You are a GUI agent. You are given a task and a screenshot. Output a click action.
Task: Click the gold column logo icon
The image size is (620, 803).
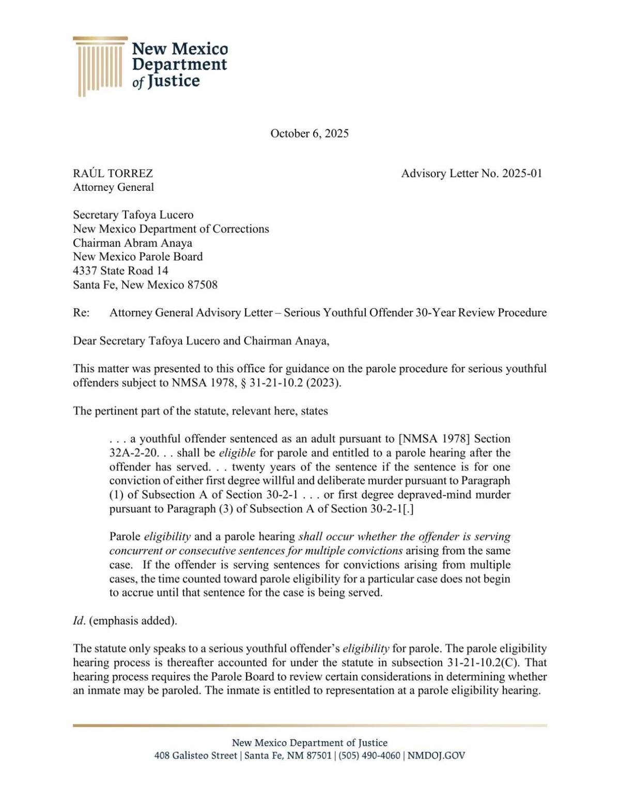(100, 66)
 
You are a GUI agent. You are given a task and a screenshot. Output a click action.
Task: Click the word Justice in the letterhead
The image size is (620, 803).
(173, 81)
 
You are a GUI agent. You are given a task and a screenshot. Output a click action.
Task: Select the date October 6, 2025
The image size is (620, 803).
(309, 133)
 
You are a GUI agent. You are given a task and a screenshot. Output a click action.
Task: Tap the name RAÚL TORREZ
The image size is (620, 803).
(113, 173)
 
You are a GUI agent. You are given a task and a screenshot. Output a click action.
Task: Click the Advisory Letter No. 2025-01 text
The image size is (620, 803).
(471, 173)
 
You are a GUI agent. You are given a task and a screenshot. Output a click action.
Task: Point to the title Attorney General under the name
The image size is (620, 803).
(113, 187)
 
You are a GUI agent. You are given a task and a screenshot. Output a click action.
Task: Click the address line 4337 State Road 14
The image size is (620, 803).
(120, 270)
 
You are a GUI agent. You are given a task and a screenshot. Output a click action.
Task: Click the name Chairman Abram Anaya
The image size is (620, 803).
(132, 243)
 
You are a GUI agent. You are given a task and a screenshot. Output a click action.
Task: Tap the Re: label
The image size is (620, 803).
(81, 312)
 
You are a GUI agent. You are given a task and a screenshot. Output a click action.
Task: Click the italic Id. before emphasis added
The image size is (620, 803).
(79, 620)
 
